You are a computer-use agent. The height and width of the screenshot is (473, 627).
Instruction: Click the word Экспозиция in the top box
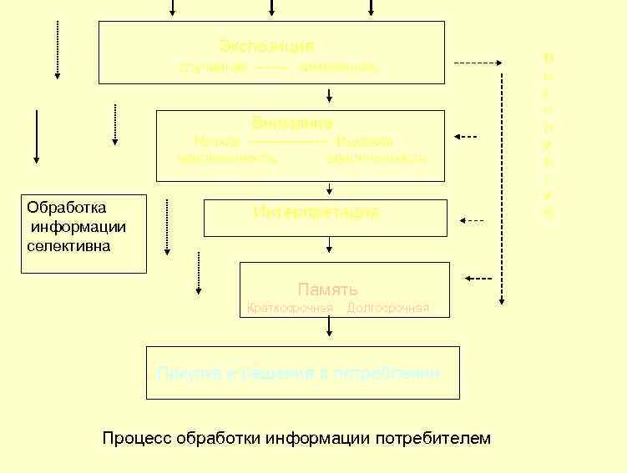(267, 45)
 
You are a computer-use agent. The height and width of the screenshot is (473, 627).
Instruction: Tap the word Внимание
(292, 124)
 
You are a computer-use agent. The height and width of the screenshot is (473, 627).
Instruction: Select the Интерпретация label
(316, 212)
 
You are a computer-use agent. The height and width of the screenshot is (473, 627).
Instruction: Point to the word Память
(327, 289)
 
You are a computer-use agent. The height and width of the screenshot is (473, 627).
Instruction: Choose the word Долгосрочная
(387, 308)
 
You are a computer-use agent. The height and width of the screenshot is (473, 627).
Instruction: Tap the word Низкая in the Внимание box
(216, 142)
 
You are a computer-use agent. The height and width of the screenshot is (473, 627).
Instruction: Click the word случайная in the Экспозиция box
(213, 67)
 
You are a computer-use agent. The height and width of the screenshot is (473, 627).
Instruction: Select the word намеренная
(337, 67)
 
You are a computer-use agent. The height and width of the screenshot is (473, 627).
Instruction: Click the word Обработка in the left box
(66, 207)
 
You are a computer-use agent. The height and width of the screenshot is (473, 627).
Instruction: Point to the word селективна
(68, 246)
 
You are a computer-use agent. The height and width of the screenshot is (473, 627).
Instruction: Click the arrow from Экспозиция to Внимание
(330, 96)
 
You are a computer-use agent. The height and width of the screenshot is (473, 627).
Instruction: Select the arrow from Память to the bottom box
(330, 330)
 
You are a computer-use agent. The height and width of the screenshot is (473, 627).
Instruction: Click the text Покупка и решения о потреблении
(298, 373)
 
